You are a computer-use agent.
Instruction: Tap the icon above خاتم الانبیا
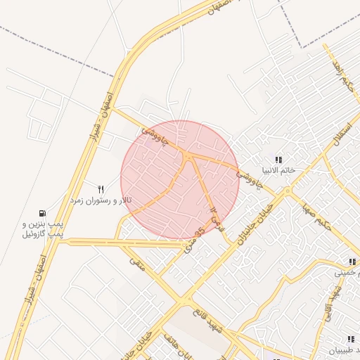pyautogui.click(x=278, y=160)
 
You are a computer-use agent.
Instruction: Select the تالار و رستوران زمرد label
pyautogui.click(x=99, y=200)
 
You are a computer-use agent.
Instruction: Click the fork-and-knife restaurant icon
pyautogui.click(x=101, y=189)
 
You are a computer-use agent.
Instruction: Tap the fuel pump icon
pyautogui.click(x=44, y=213)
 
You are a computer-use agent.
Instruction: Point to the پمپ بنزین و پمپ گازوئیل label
pyautogui.click(x=38, y=229)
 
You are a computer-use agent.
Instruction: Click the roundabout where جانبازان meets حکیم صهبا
pyautogui.click(x=288, y=191)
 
